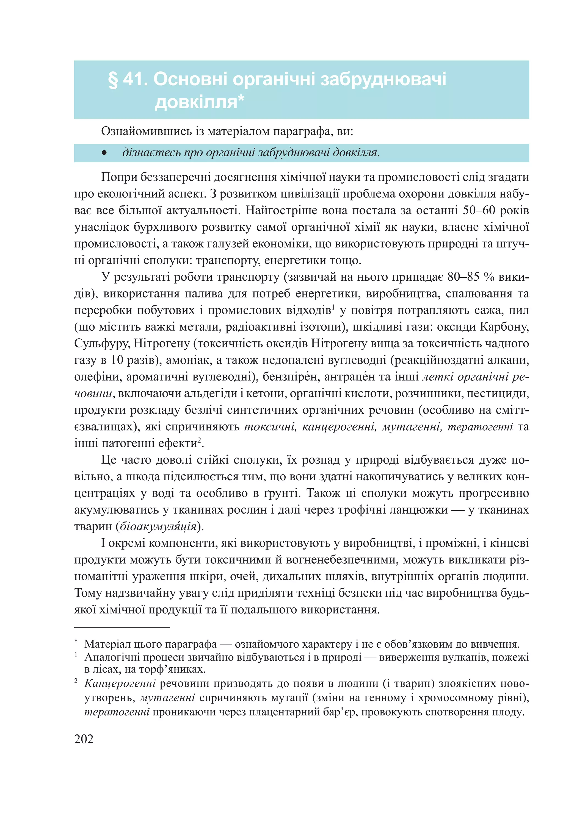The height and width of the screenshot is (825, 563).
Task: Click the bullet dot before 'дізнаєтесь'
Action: (x=104, y=153)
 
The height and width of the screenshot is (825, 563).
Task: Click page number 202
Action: (x=84, y=739)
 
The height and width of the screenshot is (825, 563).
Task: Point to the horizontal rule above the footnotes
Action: (x=122, y=628)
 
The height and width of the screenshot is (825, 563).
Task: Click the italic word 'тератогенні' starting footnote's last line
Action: (x=117, y=712)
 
